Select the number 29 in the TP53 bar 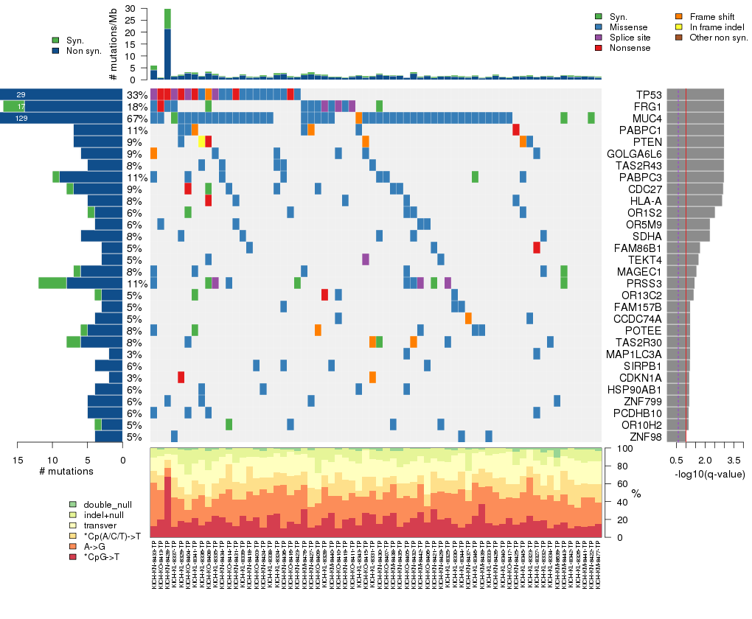click(21, 95)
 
